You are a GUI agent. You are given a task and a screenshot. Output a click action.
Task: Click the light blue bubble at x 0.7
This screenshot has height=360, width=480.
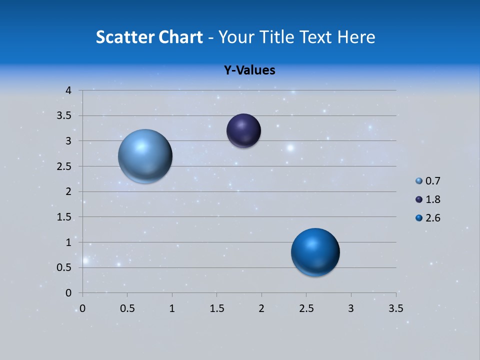pyautogui.click(x=145, y=156)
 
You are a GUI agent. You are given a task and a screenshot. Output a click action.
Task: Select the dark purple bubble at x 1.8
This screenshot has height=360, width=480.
pyautogui.click(x=243, y=131)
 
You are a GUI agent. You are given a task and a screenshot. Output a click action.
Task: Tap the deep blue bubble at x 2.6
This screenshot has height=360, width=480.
pyautogui.click(x=315, y=252)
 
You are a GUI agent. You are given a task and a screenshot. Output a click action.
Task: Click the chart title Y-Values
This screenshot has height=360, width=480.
pyautogui.click(x=249, y=70)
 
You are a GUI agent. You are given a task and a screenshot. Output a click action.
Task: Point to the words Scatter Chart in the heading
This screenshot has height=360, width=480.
pyautogui.click(x=149, y=37)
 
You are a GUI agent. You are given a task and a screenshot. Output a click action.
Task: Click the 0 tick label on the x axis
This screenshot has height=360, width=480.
pyautogui.click(x=83, y=308)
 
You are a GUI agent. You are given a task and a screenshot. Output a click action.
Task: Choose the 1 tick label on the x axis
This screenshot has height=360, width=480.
pyautogui.click(x=172, y=308)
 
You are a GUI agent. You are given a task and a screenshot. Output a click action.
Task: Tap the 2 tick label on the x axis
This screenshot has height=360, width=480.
pyautogui.click(x=261, y=308)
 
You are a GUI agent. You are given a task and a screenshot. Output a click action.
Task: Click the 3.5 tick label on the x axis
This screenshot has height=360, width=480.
pyautogui.click(x=395, y=308)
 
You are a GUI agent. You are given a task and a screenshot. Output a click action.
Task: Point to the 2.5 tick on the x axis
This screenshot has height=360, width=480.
pyautogui.click(x=306, y=308)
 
